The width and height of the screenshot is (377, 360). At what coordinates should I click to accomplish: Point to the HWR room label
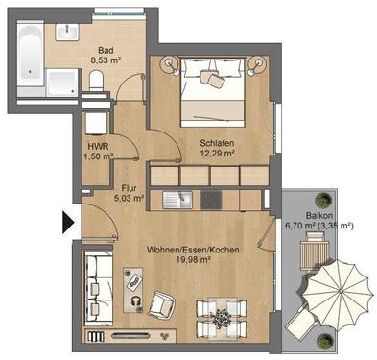click(x=97, y=146)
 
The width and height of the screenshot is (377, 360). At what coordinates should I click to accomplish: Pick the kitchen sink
click(x=175, y=200)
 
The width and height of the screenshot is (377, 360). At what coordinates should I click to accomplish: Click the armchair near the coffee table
click(x=164, y=305)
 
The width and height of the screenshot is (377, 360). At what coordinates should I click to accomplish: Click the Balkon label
click(x=318, y=216)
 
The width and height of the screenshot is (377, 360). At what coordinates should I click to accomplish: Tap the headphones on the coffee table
click(x=136, y=302)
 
